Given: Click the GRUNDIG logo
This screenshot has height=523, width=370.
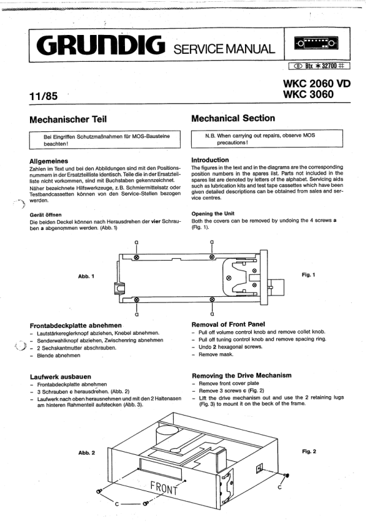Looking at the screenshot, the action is (x=101, y=46).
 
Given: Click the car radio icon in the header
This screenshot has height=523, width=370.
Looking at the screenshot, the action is (x=316, y=43).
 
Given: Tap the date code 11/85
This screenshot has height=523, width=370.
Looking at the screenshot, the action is (x=43, y=96).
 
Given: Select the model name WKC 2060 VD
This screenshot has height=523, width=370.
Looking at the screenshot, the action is (x=317, y=83).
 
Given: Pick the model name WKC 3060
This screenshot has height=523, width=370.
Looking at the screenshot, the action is (x=308, y=94).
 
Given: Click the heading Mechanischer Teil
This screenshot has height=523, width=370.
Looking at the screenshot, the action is (x=68, y=119).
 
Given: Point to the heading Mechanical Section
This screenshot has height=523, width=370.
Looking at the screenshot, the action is (x=233, y=118).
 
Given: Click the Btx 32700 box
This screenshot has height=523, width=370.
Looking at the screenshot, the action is (x=319, y=66).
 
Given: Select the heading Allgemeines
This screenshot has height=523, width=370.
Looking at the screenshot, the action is (x=49, y=161).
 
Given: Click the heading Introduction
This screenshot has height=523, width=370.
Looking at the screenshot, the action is (x=210, y=160).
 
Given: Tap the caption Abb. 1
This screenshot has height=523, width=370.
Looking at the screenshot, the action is (x=86, y=276).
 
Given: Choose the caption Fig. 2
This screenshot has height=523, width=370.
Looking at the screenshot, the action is (x=309, y=451).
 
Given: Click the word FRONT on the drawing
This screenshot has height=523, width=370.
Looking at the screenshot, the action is (x=164, y=487).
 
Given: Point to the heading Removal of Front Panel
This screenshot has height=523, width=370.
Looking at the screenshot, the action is (x=228, y=324).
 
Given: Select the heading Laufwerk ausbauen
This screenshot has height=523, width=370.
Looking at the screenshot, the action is (x=61, y=377).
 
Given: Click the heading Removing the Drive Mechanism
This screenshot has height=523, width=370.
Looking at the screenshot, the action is (x=242, y=376).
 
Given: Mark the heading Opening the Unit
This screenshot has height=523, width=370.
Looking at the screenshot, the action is (x=213, y=214).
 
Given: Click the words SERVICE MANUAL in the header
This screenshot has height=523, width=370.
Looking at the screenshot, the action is (x=224, y=49).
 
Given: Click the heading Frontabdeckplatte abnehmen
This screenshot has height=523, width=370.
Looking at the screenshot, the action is (x=76, y=326).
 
